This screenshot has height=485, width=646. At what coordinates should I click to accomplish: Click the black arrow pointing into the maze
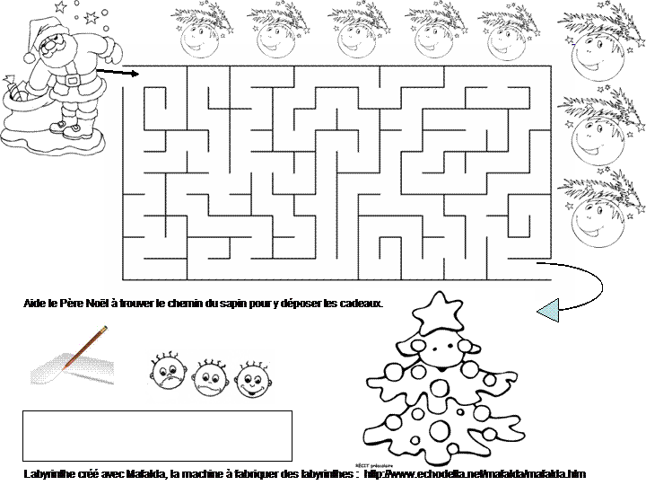112,72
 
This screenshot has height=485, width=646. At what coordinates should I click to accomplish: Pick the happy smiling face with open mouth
253,377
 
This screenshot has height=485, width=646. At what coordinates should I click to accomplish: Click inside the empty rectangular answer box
157,436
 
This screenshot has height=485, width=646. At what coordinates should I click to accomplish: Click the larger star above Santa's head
60,8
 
